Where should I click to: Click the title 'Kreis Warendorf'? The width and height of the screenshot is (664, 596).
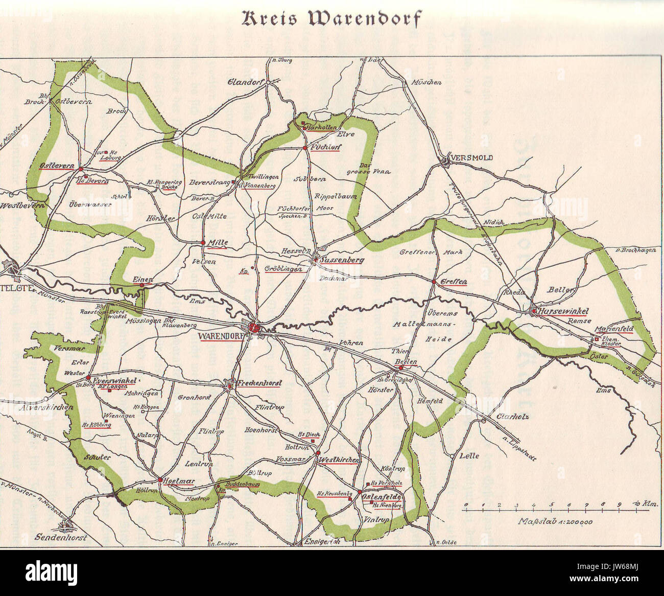click(x=332, y=18)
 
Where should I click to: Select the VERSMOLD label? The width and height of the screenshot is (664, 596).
click(x=471, y=158)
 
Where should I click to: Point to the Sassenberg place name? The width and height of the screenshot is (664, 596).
click(x=343, y=260)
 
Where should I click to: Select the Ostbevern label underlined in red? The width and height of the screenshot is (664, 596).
click(x=57, y=167)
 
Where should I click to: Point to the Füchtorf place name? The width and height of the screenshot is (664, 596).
click(x=325, y=147)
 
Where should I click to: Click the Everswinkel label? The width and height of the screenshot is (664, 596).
click(x=113, y=381)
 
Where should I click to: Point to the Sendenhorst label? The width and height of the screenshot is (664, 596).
click(x=61, y=538)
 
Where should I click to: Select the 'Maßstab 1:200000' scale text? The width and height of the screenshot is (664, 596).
click(x=555, y=522)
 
